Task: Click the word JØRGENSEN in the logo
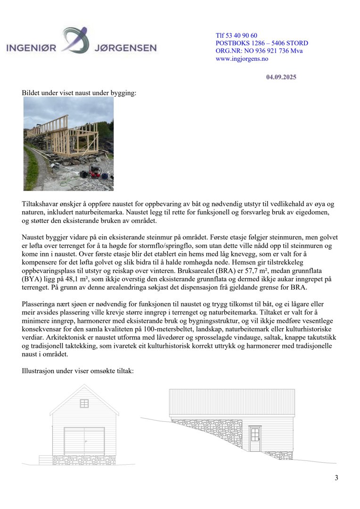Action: coord(125,48)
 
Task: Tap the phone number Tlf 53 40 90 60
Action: coord(236,36)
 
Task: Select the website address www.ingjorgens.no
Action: coord(242,59)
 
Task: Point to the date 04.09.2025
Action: coord(281,77)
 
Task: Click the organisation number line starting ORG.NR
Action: coord(259,51)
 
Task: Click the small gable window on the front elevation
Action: coord(84,403)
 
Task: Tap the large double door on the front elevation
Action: coord(84,441)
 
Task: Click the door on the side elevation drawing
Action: coord(255,439)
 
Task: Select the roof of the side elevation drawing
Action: coord(232,402)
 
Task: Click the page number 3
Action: coord(336,478)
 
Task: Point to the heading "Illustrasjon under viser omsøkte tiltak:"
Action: coord(78,371)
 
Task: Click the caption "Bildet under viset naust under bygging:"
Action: coord(79,93)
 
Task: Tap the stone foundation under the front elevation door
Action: coord(84,460)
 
